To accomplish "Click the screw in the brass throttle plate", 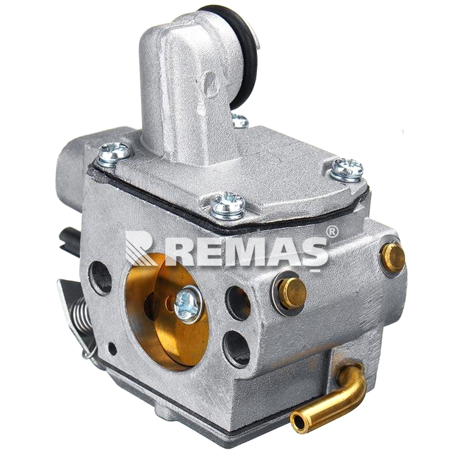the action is (188, 305).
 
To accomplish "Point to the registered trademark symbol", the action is (332, 232).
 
